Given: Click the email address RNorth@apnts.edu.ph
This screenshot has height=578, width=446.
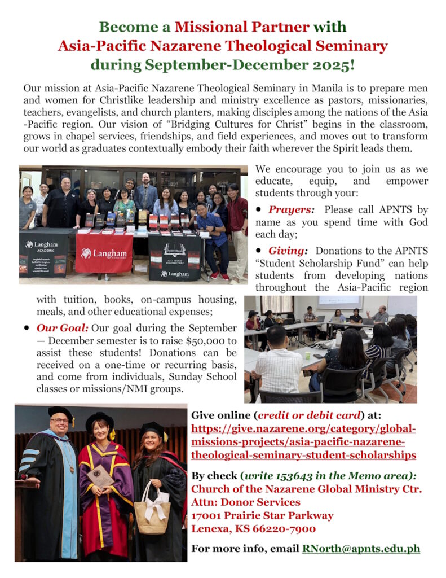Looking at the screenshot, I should point(361,548).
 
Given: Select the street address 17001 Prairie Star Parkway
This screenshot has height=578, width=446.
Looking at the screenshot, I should point(262,515).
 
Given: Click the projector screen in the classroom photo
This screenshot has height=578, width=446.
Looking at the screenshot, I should point(339,303).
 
